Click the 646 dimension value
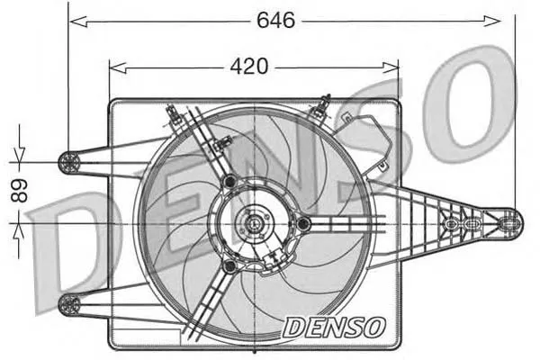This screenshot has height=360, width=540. click(276, 20)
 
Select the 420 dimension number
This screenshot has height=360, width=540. click(249, 66)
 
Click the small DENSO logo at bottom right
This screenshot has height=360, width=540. click(333, 328)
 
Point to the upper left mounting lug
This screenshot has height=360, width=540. click(69, 162)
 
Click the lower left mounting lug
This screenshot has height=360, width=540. click(69, 305)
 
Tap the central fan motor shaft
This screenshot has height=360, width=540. click(254, 223)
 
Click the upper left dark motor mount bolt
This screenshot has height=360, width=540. click(229, 181)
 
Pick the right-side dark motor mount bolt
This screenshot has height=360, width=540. click(304, 224)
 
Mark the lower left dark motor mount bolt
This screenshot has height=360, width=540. click(229, 266)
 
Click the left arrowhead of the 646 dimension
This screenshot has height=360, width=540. click(77, 22)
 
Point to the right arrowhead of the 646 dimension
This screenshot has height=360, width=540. click(491, 21)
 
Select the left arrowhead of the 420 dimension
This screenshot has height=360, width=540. click(118, 67)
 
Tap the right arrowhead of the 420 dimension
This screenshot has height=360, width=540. click(391, 67)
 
